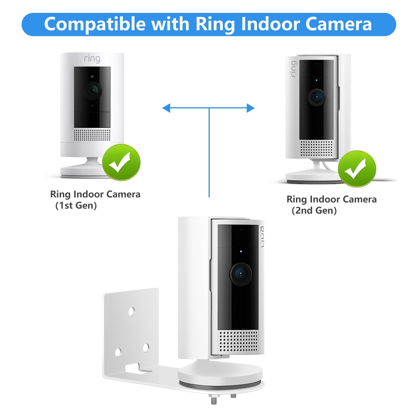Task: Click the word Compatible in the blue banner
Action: click(x=95, y=24)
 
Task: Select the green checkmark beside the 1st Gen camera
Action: click(x=121, y=162)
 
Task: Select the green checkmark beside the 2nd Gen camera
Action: click(x=357, y=169)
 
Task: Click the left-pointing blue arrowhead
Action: click(x=166, y=108)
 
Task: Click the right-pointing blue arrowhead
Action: click(x=251, y=108)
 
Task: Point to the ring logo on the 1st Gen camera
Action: click(x=92, y=59)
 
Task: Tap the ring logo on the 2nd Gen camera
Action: click(x=293, y=69)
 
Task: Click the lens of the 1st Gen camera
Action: click(x=92, y=90)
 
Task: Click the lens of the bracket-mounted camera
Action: click(x=240, y=274)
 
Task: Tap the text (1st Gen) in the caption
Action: click(x=76, y=206)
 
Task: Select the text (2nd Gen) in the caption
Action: click(x=314, y=211)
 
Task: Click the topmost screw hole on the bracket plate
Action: click(x=131, y=311)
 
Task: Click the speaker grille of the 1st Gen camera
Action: click(x=92, y=135)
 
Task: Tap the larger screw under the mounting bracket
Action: click(x=213, y=399)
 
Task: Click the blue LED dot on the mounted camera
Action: click(x=241, y=251)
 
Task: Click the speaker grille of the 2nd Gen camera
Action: click(x=316, y=148)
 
